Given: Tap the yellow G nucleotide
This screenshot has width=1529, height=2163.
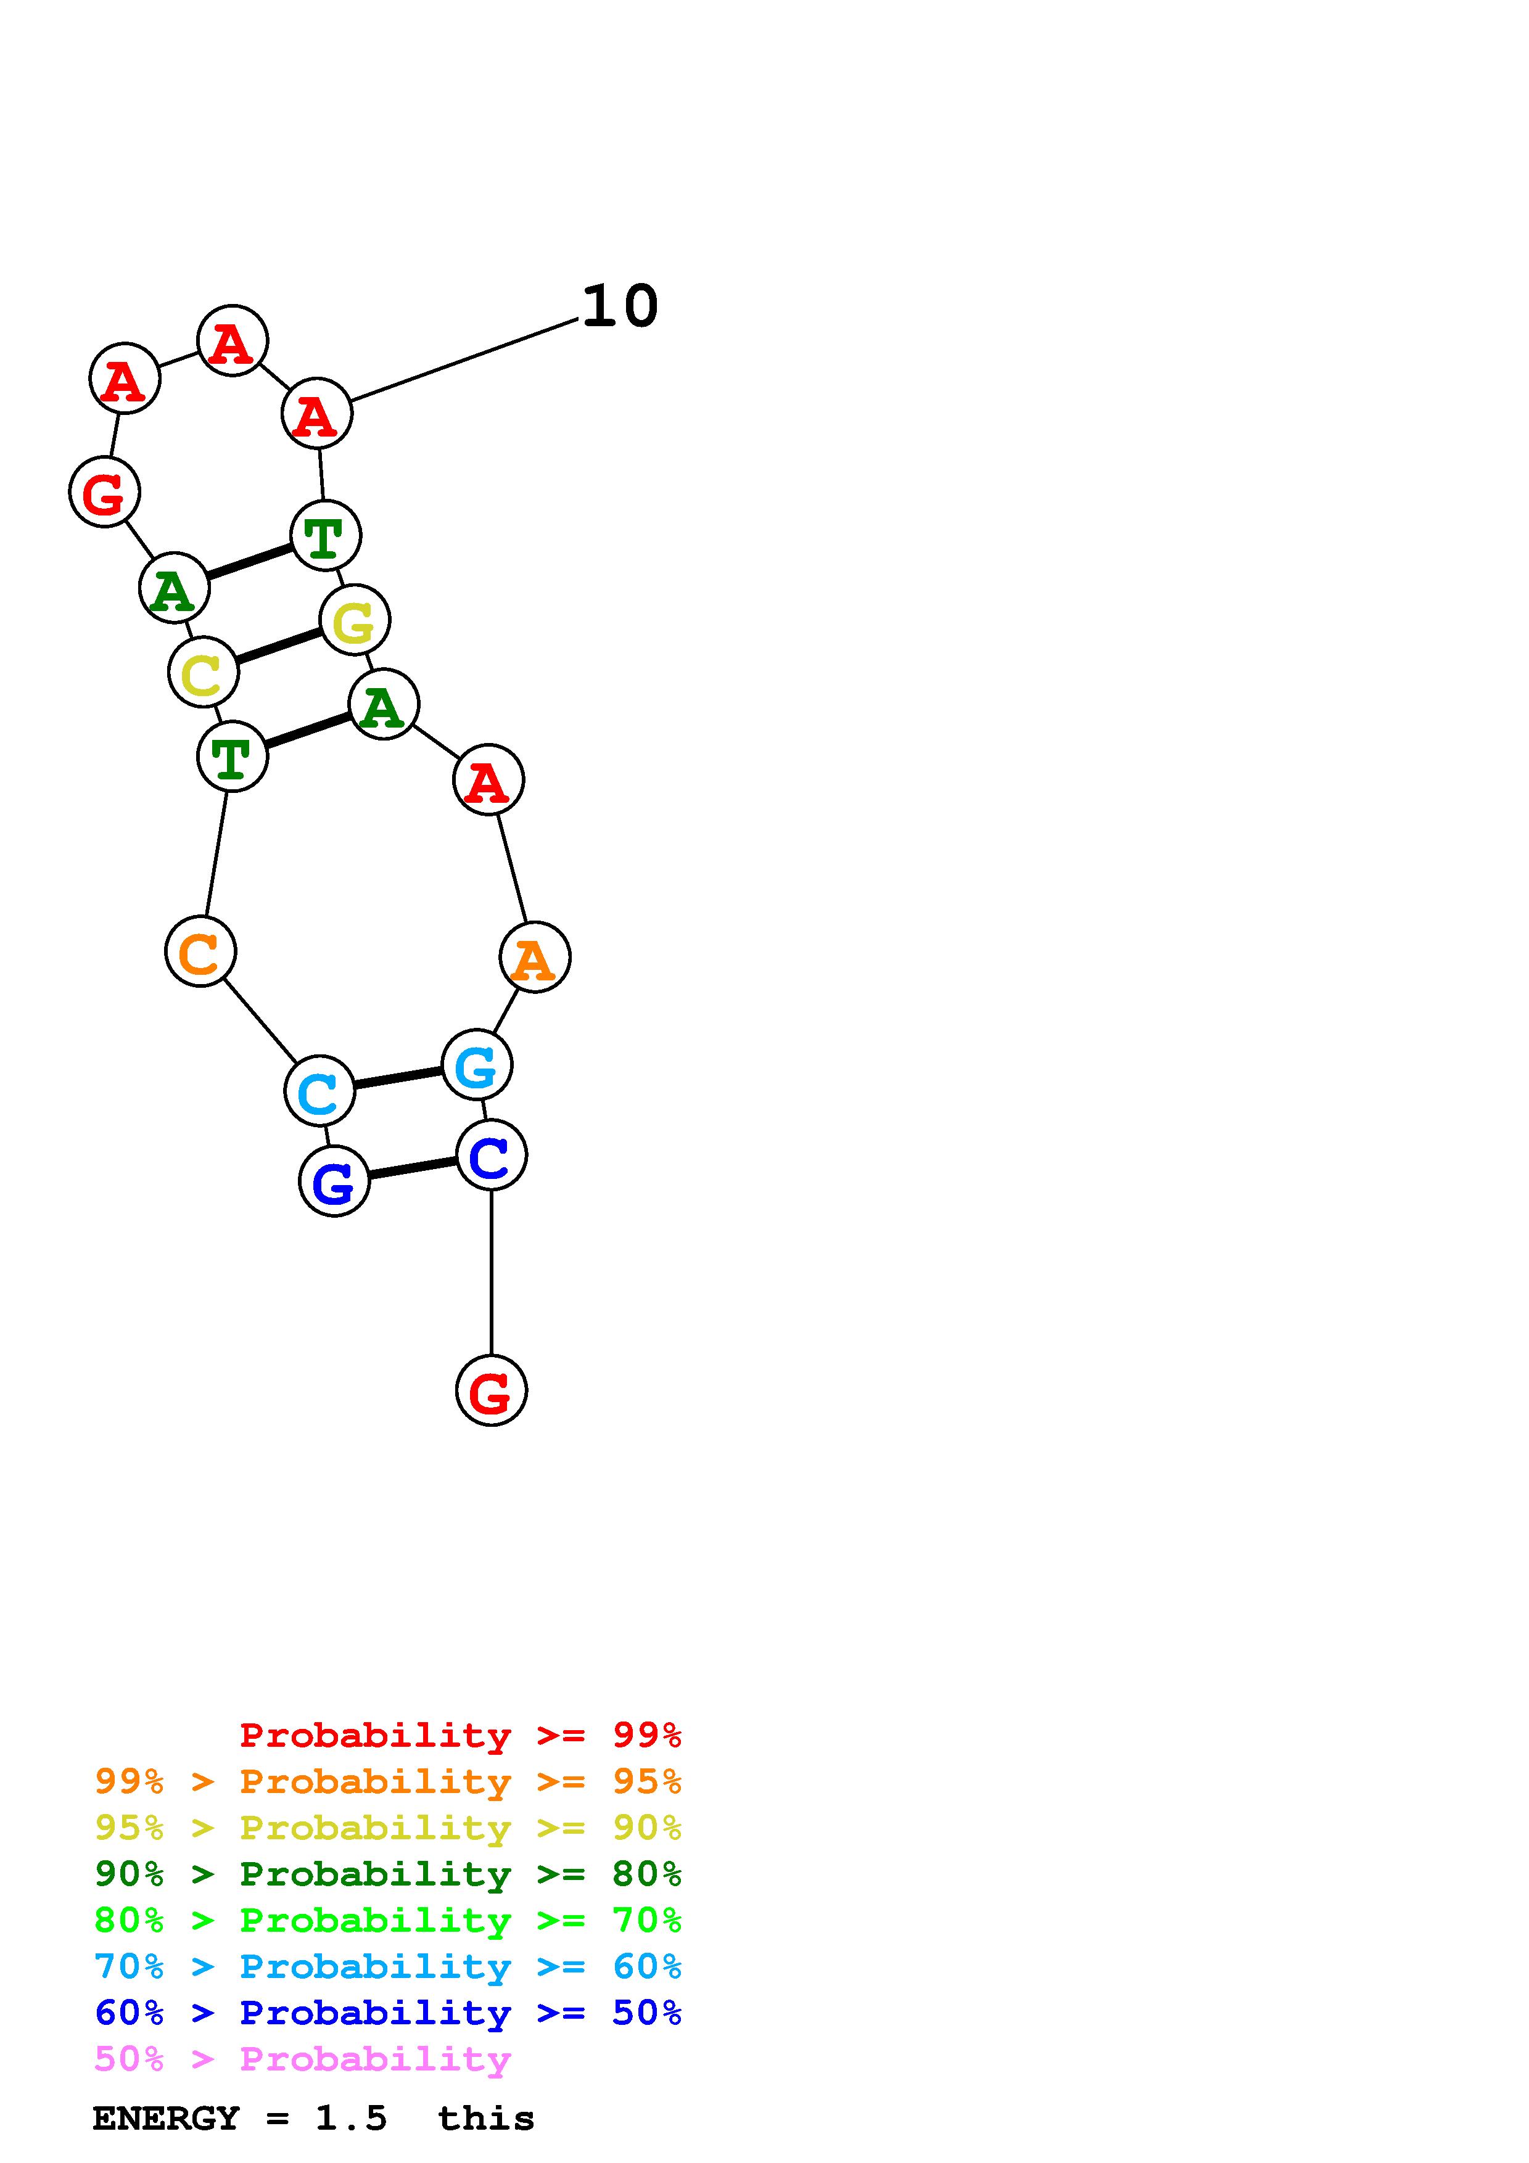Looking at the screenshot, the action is tap(354, 620).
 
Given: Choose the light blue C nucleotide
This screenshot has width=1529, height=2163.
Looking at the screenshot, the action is tap(319, 1090).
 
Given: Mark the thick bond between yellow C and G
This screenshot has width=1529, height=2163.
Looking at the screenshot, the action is tap(279, 646).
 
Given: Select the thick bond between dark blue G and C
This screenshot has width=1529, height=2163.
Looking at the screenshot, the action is tap(413, 1168).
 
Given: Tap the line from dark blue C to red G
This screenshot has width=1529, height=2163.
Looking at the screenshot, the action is tap(491, 1272).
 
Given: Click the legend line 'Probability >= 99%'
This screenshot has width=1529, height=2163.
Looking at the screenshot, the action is tap(460, 1734).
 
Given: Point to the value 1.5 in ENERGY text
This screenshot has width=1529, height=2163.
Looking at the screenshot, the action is tap(350, 2119).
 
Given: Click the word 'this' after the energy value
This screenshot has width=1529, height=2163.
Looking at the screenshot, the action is tap(485, 2119).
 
